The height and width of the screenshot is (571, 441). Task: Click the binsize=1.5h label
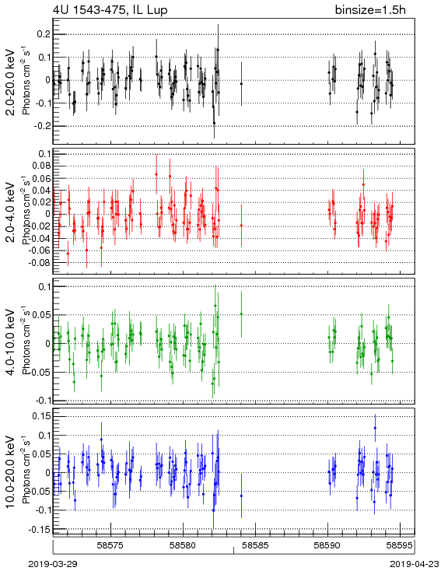click(370, 10)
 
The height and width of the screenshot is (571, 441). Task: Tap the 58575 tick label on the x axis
click(111, 545)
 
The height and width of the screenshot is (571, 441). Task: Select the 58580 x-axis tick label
click(184, 545)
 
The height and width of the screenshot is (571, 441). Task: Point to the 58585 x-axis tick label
click(256, 545)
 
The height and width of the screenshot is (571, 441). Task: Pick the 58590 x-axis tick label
click(327, 545)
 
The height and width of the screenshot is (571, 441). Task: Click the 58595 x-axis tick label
click(400, 545)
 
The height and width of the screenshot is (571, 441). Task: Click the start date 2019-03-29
click(53, 564)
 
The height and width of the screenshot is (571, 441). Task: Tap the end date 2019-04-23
click(415, 564)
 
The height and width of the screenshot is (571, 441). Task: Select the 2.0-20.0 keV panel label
click(11, 82)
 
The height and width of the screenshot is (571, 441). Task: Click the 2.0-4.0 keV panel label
click(11, 212)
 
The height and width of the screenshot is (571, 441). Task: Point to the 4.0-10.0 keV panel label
click(11, 342)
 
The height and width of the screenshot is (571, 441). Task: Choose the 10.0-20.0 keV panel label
click(11, 472)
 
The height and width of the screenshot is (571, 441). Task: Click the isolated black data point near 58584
click(241, 84)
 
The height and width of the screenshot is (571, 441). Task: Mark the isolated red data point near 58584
click(241, 226)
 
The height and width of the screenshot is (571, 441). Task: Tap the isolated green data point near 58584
click(241, 314)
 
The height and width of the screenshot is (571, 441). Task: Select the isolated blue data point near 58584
click(241, 496)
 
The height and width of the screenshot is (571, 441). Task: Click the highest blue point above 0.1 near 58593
click(375, 428)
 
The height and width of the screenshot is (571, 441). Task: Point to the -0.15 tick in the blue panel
click(40, 529)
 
